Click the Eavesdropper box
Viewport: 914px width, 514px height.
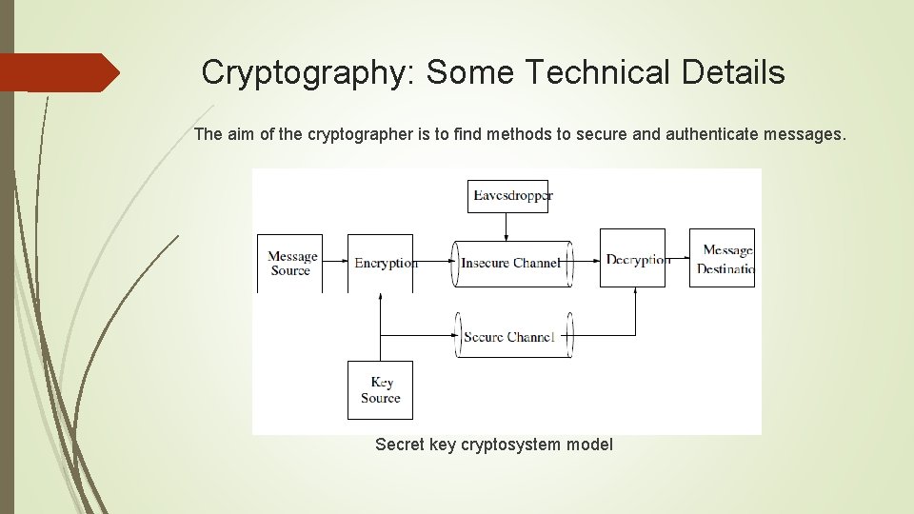click(x=511, y=196)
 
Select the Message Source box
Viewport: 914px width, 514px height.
click(x=290, y=263)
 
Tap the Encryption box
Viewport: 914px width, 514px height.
click(x=381, y=263)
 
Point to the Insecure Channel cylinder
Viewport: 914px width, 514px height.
click(x=512, y=263)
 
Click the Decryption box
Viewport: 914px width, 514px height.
click(x=632, y=259)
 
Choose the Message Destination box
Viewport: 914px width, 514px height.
click(x=723, y=259)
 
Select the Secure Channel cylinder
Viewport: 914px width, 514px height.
click(x=512, y=336)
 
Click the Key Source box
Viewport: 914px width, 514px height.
click(x=380, y=390)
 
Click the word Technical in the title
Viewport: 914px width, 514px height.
click(x=598, y=72)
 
